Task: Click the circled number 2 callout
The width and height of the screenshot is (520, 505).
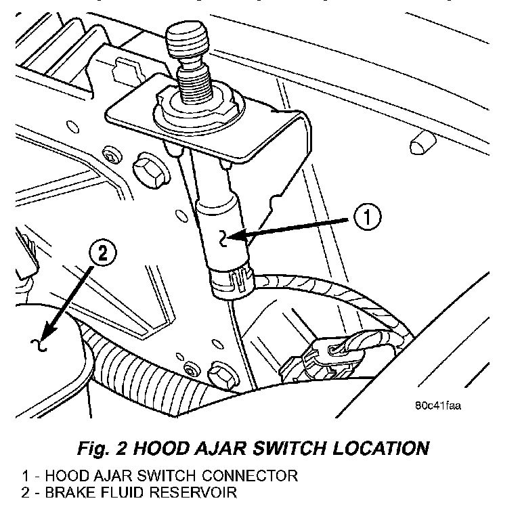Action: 102,255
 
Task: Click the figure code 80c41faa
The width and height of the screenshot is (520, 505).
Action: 438,407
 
